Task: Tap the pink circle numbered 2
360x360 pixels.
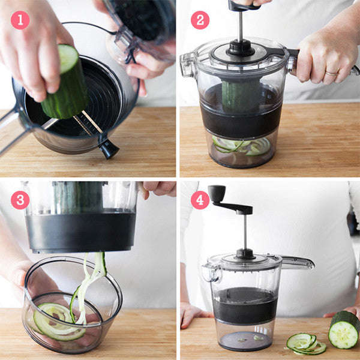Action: [x=200, y=20]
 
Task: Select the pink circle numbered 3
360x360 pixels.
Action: [x=20, y=200]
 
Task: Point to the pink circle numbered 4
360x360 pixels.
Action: [x=200, y=200]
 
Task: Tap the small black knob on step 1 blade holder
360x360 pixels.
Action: [x=109, y=149]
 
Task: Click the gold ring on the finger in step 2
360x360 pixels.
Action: [x=331, y=73]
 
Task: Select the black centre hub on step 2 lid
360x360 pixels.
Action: [x=240, y=47]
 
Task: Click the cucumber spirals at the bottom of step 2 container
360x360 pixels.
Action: [x=240, y=146]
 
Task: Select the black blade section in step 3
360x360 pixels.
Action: [x=81, y=231]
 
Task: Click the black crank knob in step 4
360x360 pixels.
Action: [x=217, y=193]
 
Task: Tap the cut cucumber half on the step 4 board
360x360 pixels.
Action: [x=344, y=330]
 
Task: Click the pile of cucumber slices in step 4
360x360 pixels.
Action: [x=304, y=343]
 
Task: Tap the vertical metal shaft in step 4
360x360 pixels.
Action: [x=245, y=231]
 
